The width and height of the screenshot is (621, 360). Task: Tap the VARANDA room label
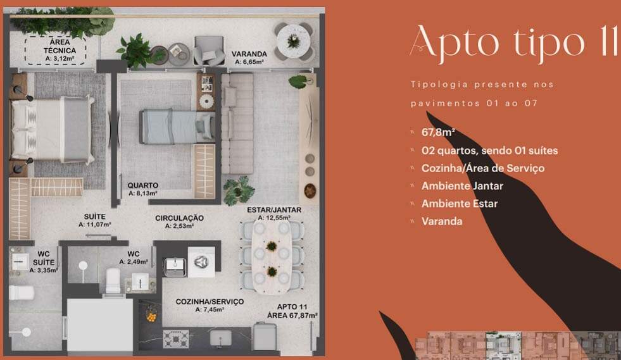(x=249, y=54)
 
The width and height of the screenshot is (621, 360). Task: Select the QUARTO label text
(x=142, y=185)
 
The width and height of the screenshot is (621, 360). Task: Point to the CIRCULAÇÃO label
(x=179, y=218)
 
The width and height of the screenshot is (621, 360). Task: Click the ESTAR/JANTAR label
(x=274, y=210)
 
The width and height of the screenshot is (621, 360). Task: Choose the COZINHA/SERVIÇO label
(x=210, y=302)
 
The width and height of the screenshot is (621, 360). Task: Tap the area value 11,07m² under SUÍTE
(x=95, y=225)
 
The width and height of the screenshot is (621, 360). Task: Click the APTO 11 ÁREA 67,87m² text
(x=292, y=311)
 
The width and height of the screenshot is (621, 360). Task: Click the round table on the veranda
(x=294, y=40)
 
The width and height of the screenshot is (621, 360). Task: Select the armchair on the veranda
(x=209, y=50)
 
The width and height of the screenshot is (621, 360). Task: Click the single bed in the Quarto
(x=177, y=127)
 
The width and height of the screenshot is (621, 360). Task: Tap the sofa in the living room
(x=237, y=123)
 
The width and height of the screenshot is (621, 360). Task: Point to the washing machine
(x=201, y=262)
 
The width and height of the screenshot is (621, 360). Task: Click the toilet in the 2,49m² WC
(x=113, y=281)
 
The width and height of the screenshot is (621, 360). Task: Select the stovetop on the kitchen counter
(x=176, y=339)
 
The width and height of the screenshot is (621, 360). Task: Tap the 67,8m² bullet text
(x=438, y=132)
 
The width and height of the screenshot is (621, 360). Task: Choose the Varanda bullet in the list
(x=442, y=221)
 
